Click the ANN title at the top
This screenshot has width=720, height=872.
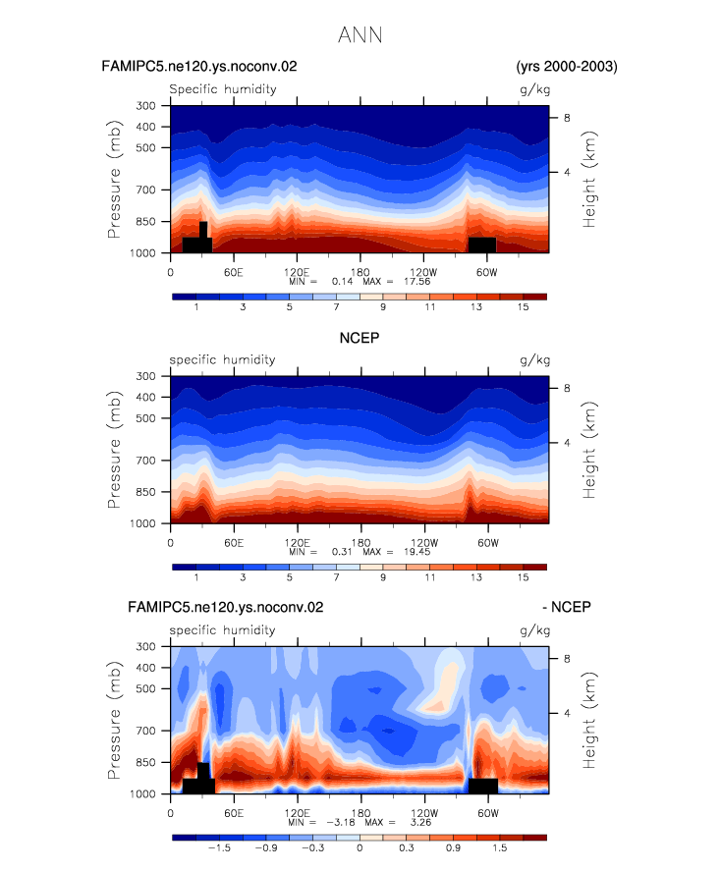[360, 35]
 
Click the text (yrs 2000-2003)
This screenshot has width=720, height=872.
[567, 67]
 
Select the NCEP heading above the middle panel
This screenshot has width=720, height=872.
[360, 338]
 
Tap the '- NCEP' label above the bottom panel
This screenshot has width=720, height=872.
[567, 607]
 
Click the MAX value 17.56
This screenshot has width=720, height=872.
[416, 282]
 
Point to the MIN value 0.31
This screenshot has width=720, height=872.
[342, 552]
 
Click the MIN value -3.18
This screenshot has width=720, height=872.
[341, 822]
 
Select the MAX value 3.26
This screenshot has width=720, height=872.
[420, 822]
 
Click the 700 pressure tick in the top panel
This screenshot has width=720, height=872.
[145, 191]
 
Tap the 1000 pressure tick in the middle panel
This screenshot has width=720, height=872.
[142, 523]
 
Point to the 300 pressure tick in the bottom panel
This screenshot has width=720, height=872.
[145, 646]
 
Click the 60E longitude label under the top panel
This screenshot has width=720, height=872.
[234, 273]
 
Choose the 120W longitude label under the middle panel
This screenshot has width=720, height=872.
[424, 543]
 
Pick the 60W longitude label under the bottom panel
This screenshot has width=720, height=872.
[488, 813]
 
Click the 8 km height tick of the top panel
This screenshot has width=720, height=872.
[567, 118]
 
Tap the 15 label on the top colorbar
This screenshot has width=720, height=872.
[523, 307]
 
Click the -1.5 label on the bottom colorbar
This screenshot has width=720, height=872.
[219, 848]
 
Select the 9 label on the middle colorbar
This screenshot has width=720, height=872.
[383, 577]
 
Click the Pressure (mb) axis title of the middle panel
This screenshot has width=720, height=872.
[114, 450]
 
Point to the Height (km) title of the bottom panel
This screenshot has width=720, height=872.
[588, 720]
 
